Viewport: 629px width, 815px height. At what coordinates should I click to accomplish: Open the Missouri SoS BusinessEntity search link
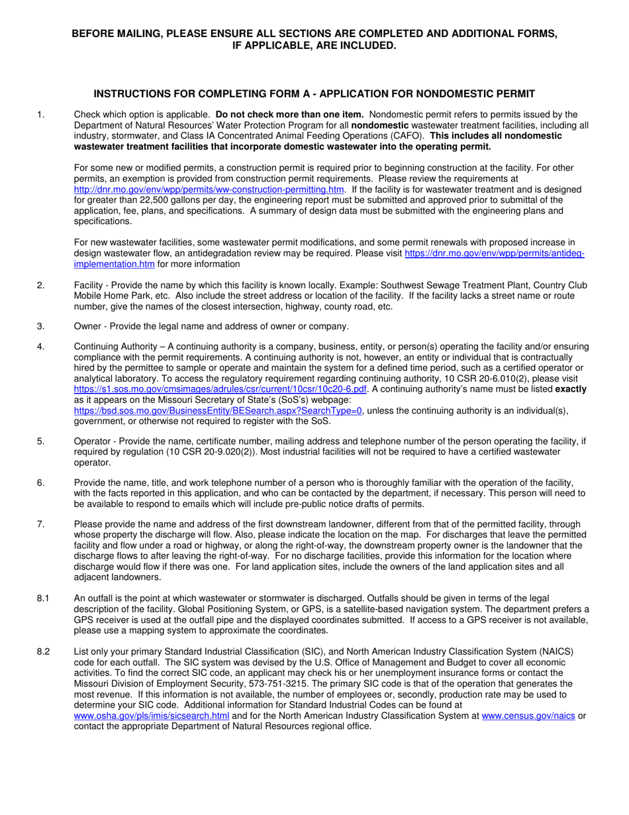218,410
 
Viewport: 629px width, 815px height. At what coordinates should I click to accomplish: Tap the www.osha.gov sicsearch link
152,716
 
